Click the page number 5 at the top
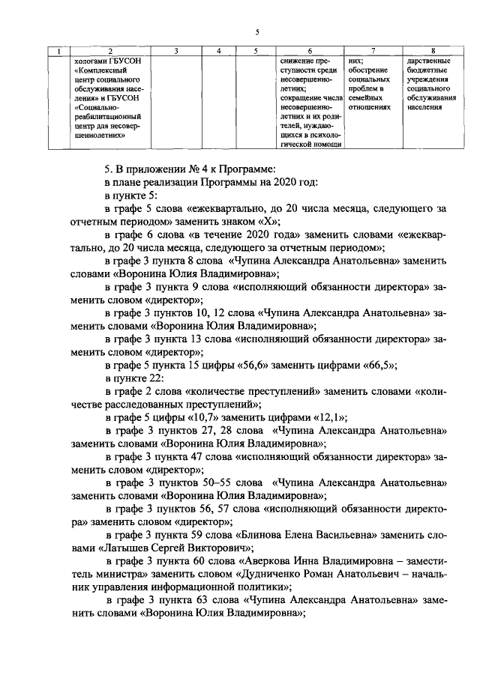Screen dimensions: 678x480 256,32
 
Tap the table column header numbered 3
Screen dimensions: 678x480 175,51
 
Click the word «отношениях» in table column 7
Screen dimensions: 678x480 370,107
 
